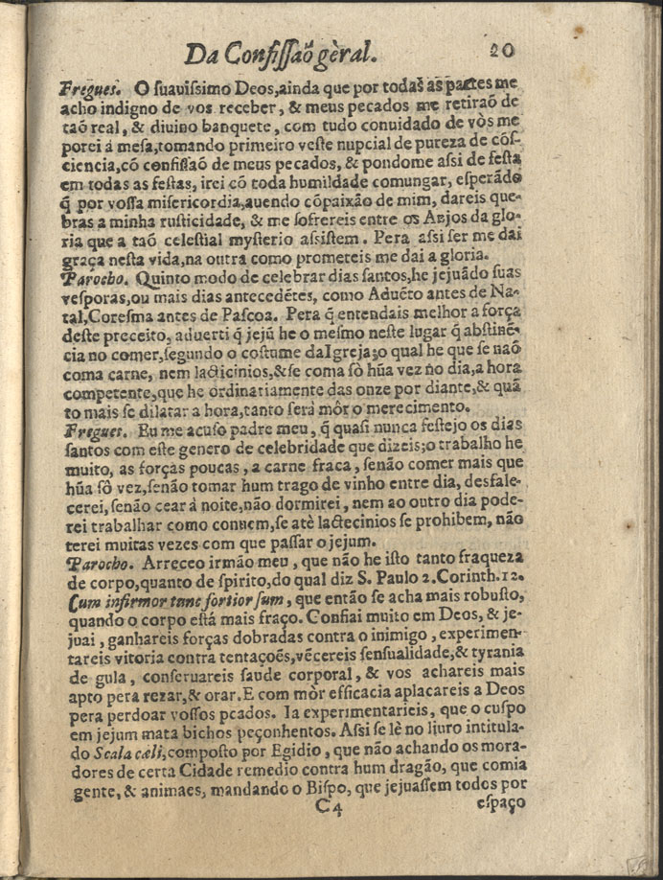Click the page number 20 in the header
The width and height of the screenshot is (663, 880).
click(x=503, y=49)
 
